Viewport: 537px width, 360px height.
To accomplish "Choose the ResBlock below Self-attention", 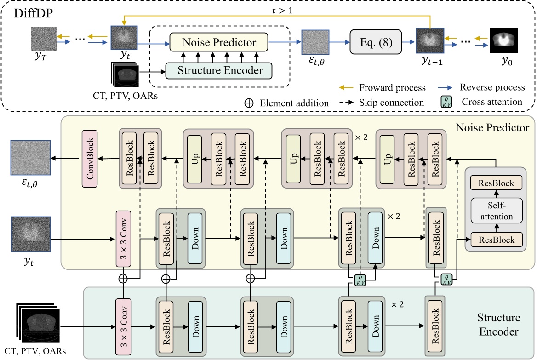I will pyautogui.click(x=496, y=238).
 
